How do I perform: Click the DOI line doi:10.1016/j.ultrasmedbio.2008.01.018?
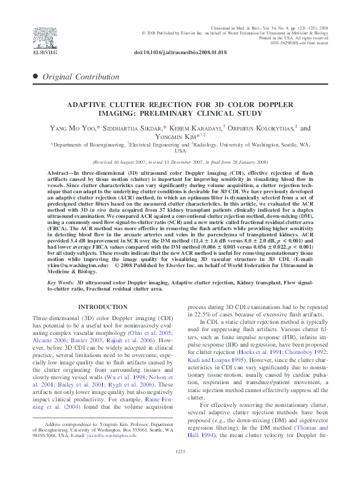180,53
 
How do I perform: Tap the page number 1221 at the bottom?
180,470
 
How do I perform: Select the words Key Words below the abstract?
60,281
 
